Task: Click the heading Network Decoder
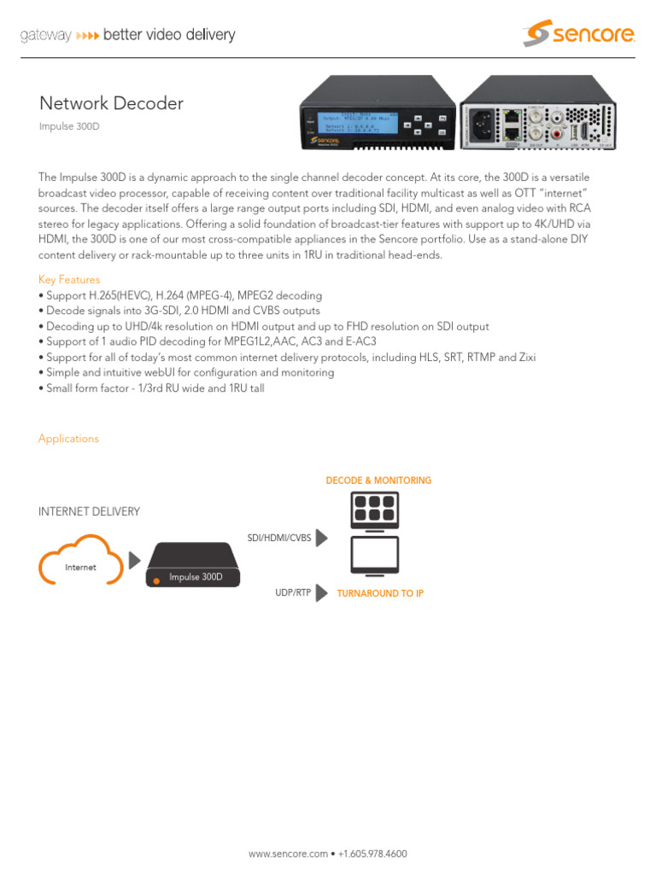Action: pyautogui.click(x=111, y=103)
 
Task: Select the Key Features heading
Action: pyautogui.click(x=69, y=280)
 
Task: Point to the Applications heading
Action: pyautogui.click(x=68, y=439)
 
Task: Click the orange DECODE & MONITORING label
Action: pyautogui.click(x=378, y=481)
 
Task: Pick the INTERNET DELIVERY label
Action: pyautogui.click(x=89, y=511)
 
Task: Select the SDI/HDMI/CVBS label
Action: pyautogui.click(x=278, y=538)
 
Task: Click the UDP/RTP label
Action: pyautogui.click(x=293, y=591)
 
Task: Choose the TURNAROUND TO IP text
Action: pyautogui.click(x=380, y=593)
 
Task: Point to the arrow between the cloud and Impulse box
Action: pyautogui.click(x=135, y=561)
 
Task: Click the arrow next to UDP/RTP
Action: pyautogui.click(x=322, y=591)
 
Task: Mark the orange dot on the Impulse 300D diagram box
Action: pyautogui.click(x=155, y=582)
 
